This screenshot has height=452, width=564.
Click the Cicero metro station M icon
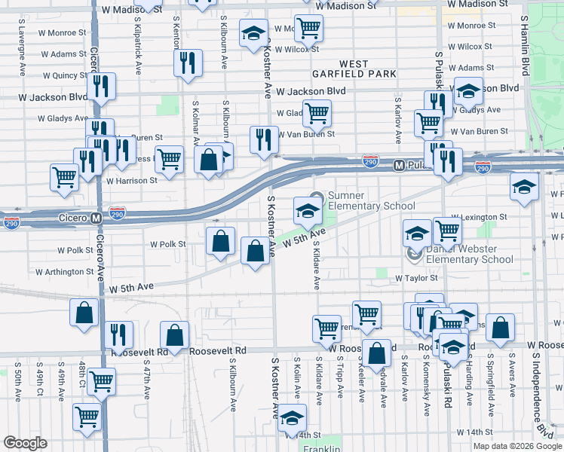[96, 218]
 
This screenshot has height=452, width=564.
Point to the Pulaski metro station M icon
[400, 164]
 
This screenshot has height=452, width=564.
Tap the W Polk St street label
[167, 245]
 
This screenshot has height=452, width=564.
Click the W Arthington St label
[64, 272]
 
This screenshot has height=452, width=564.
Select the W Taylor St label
[416, 278]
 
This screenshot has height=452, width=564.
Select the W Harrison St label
[131, 181]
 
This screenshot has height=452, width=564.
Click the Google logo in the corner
[25, 443]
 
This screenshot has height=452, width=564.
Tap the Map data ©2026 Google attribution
[517, 445]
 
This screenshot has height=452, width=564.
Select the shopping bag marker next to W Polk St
[220, 241]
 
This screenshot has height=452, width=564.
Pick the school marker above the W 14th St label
[293, 418]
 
